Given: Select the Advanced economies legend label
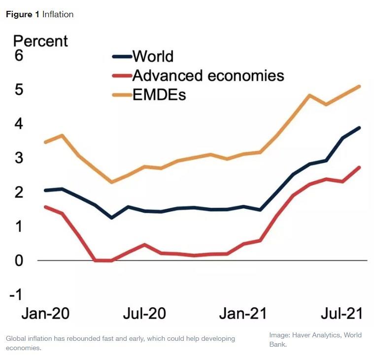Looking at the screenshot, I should pos(208,75).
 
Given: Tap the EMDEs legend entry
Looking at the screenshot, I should pos(159,95).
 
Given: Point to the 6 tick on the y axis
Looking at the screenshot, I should pos(19,56).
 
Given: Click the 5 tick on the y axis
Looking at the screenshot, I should pos(19,90).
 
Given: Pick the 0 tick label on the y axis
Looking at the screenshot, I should pos(19,260).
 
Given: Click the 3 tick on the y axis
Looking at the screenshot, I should pos(19,158).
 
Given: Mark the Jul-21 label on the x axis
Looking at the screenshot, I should pos(341,314).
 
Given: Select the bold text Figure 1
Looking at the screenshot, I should pos(23,14).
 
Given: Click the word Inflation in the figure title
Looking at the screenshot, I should pos(58,14).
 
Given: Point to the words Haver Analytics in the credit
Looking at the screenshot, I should pos(315,335).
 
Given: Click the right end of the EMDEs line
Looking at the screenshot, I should pos(360,86).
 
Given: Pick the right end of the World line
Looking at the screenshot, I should pos(360,128).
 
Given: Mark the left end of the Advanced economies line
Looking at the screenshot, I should pos(45,207).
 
